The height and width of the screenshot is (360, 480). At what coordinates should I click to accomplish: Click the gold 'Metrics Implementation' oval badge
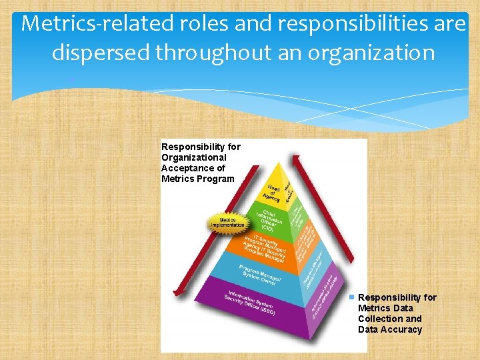(x=228, y=222)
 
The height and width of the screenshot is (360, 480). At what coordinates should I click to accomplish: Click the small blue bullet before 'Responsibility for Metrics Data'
(x=352, y=296)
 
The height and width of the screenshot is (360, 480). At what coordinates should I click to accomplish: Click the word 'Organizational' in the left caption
(x=193, y=157)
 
